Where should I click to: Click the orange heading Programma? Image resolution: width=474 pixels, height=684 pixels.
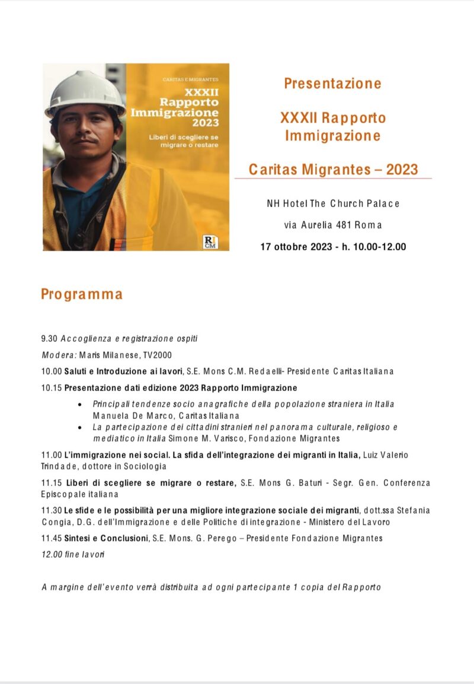(x=82, y=294)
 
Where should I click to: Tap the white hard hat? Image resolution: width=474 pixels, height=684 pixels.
(x=85, y=92)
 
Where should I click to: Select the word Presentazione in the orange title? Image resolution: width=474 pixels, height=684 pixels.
(x=332, y=84)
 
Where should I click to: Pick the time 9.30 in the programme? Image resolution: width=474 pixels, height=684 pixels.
(x=49, y=339)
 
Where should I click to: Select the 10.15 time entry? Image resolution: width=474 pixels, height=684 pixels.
(x=51, y=388)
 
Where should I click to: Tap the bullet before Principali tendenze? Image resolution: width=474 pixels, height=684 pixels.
(x=80, y=404)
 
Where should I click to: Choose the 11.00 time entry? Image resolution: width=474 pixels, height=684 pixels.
(x=51, y=454)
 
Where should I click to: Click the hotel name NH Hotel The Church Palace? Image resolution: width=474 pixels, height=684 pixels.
(x=333, y=203)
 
